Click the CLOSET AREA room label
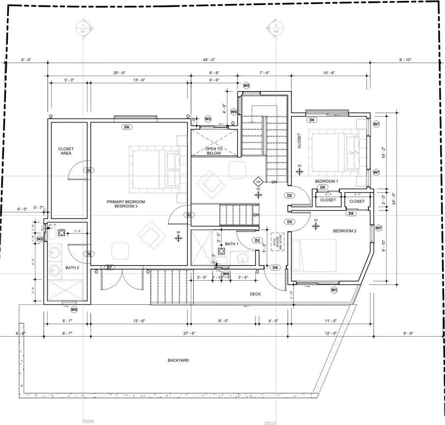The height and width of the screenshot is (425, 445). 65,151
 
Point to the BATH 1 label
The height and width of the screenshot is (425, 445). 232,244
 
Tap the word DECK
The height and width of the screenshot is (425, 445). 255,294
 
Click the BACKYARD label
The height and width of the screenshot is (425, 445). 177,360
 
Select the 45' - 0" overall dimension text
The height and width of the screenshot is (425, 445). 209,60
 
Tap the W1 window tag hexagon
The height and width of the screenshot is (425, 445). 334,290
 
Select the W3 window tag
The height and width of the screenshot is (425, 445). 208,119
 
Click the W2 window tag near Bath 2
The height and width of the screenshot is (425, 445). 40,239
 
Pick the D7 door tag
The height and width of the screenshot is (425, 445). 109,267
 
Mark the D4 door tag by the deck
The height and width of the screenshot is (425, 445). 275,267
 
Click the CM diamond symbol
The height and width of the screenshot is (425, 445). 258,182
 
